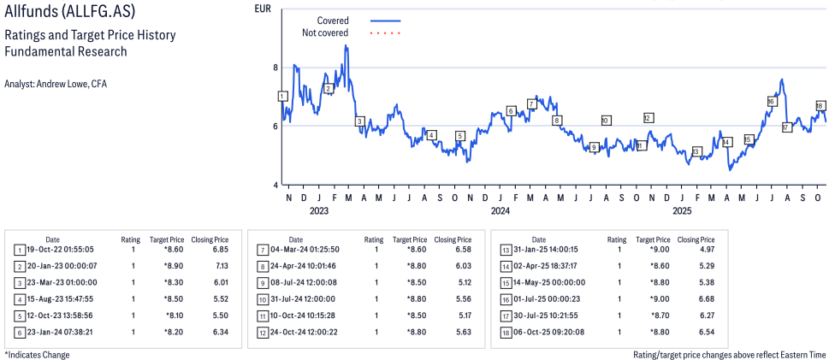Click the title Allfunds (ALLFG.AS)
69,13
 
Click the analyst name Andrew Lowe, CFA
56,84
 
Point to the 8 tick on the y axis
275,68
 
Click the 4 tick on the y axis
275,185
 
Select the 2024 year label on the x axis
500,210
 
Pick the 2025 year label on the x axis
682,210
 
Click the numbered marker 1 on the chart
282,97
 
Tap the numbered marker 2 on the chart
328,88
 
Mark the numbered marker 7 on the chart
531,104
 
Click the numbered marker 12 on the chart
648,118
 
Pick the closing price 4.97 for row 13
694,250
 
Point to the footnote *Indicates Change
37,354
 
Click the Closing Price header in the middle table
452,239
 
